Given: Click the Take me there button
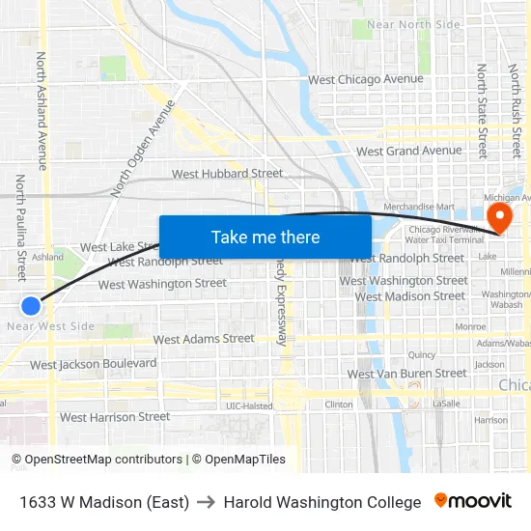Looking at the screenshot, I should [265, 238].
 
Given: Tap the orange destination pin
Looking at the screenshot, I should [499, 215].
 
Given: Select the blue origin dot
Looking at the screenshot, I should [31, 306].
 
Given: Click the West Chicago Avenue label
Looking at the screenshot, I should [365, 79].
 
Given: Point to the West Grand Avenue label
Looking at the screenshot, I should [408, 152].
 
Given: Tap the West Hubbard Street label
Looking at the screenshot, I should [227, 174].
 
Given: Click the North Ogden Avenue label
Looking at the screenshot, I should [145, 147].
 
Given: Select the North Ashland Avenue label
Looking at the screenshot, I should [42, 111].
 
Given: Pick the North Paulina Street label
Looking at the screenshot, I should [20, 228].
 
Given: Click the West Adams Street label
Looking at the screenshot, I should [204, 339].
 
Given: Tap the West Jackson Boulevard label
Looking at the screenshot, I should [93, 364].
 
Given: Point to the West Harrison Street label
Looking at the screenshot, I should [114, 417].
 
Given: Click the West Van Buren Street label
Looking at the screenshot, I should [406, 374].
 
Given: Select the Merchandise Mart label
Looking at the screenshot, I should [418, 207].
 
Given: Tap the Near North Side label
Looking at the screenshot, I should [414, 24].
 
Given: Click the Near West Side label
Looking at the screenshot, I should [50, 326].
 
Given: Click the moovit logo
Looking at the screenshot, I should [473, 501].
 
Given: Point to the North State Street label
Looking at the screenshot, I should [482, 110].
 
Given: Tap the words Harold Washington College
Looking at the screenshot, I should [322, 502].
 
